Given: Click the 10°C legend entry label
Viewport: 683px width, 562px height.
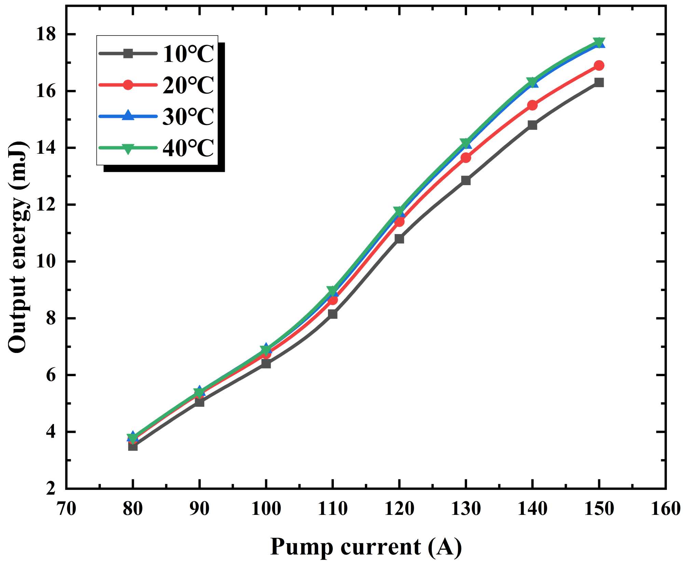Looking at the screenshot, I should click(188, 54).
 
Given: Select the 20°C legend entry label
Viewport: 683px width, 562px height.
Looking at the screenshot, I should click(188, 85).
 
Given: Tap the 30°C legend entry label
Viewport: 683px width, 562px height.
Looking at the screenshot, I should click(188, 116).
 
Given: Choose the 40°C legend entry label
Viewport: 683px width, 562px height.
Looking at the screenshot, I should click(188, 148).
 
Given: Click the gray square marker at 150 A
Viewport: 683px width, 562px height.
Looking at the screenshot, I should click(599, 82).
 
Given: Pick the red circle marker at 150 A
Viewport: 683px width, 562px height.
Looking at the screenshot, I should click(599, 65).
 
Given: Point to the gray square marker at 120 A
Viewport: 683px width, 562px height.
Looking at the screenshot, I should click(399, 238).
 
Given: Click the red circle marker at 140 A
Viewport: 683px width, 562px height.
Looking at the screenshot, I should click(532, 105).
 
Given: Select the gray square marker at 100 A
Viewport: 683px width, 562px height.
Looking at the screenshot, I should click(266, 364).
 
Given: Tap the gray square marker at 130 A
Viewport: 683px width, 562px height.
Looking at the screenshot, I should click(466, 180).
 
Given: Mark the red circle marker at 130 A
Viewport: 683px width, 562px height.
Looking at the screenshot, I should click(466, 158).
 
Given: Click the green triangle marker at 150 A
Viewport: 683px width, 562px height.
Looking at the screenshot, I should click(599, 42).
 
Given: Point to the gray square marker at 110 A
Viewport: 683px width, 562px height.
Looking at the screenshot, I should click(332, 314).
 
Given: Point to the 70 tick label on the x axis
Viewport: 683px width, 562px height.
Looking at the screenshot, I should click(66, 509).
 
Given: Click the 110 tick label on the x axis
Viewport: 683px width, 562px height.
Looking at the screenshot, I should click(332, 509).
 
